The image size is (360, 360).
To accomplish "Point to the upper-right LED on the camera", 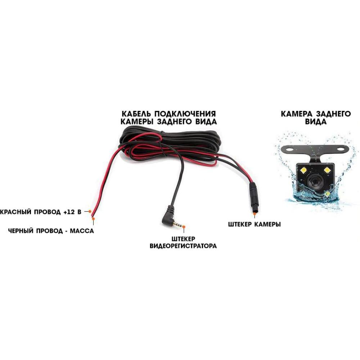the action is point(327,170).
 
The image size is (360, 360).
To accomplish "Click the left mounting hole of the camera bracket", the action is point(290,149).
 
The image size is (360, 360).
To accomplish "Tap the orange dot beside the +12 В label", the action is point(90,211).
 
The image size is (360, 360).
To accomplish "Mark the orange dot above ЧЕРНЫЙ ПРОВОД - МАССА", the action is point(93,219).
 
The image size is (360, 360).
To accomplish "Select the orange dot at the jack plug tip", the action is point(184,227).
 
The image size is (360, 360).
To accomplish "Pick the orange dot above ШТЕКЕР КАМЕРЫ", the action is point(255,214).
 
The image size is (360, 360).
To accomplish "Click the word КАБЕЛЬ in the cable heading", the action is point(136,114).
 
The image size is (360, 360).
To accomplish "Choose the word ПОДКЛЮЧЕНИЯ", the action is point(185,114).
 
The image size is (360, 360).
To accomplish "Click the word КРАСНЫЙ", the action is point(15,212).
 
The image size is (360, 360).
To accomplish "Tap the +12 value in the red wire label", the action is point(69,212).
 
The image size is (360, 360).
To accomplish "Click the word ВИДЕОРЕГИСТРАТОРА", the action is point(183,246).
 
